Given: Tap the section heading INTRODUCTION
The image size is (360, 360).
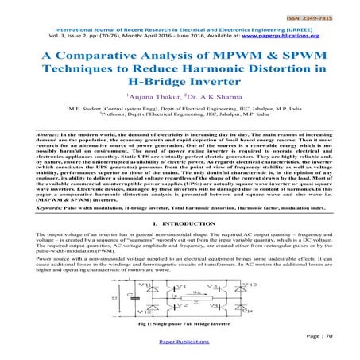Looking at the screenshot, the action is coord(189,227).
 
